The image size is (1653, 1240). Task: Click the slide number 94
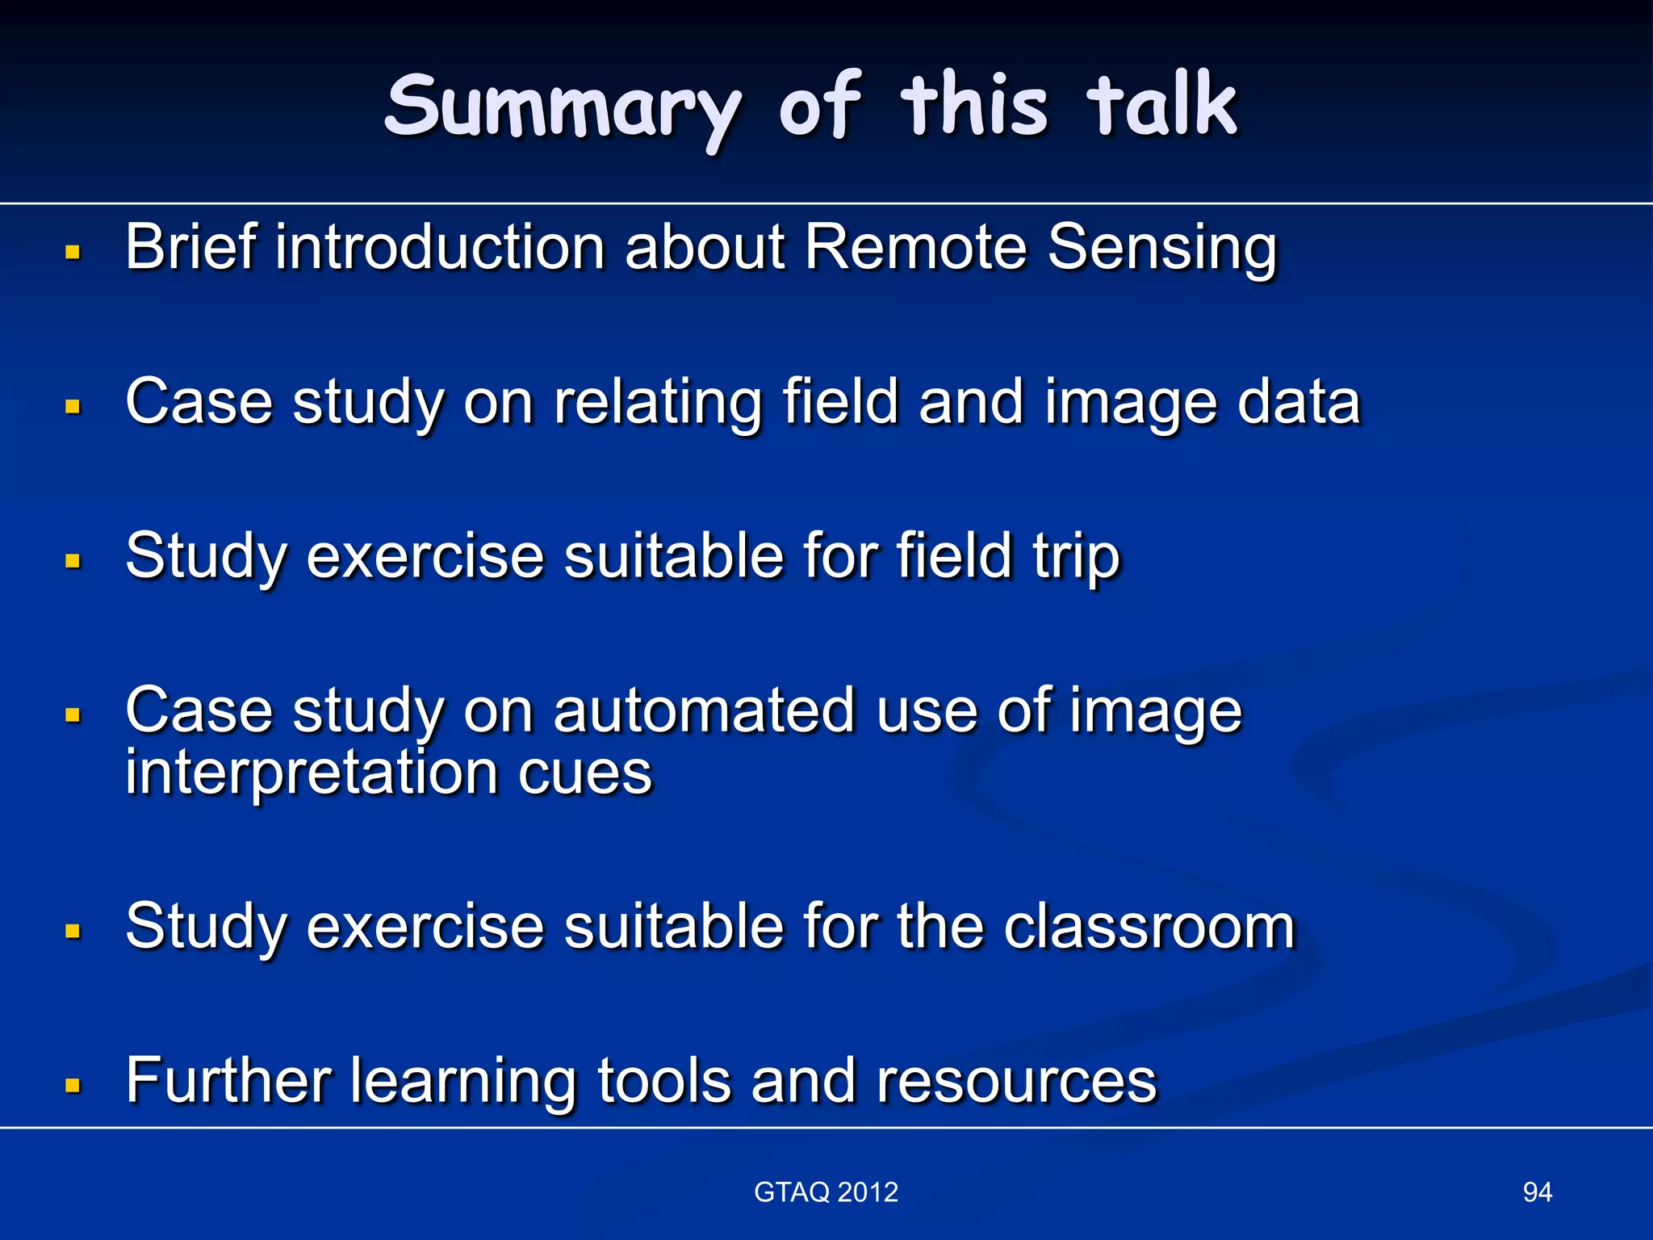(x=1537, y=1192)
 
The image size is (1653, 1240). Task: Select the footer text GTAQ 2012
(x=826, y=1192)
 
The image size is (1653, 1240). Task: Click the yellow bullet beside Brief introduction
(x=73, y=253)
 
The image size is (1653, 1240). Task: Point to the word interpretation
(x=311, y=773)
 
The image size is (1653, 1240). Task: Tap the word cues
(x=584, y=773)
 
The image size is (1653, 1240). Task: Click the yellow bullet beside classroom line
(x=73, y=932)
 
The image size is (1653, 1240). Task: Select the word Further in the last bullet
(x=228, y=1080)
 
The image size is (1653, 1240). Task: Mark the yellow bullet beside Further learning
(x=73, y=1085)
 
